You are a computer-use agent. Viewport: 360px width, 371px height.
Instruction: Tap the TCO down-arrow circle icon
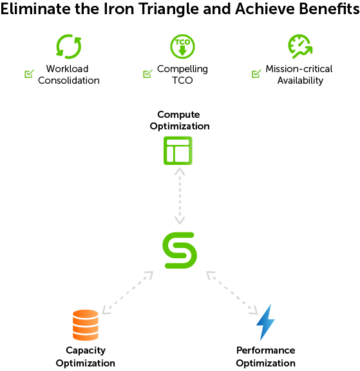(182, 46)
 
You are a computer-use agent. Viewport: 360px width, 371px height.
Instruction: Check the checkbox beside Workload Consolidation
(30, 74)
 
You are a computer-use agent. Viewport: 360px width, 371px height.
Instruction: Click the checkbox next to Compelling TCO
(147, 74)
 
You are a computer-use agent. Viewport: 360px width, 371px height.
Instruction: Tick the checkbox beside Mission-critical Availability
(256, 74)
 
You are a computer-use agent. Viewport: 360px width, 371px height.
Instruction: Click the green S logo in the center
(180, 251)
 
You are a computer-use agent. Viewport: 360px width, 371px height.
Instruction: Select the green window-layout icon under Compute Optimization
(178, 142)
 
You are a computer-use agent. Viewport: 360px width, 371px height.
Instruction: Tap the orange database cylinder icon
(86, 325)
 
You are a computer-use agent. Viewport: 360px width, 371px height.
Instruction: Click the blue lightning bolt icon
(265, 322)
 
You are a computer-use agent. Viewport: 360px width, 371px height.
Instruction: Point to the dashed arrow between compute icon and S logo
(180, 196)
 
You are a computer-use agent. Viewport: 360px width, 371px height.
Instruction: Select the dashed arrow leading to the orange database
(128, 292)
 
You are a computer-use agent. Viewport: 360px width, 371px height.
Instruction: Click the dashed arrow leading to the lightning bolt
(232, 292)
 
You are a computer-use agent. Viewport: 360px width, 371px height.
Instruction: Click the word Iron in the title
(119, 9)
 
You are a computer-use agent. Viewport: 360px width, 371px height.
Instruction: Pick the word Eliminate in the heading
(35, 9)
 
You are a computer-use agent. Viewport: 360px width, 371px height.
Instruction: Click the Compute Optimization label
(180, 120)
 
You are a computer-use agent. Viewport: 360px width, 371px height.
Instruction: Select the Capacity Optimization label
(86, 357)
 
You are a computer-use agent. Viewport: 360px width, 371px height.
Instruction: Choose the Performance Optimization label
(265, 357)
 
